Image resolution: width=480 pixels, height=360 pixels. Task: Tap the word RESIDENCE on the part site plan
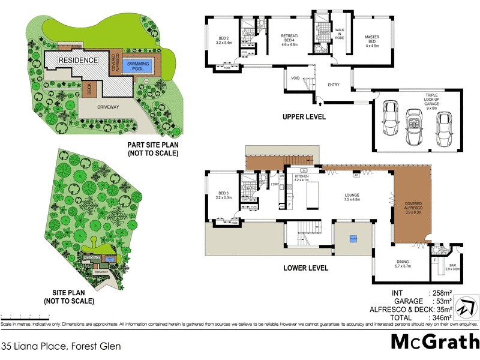tap(78, 60)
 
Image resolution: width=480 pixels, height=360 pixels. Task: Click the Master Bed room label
tap(372, 40)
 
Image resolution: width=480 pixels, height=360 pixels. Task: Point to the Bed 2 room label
tap(223, 40)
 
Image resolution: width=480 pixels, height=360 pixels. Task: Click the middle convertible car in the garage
tap(413, 126)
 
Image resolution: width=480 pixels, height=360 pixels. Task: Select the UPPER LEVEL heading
tap(304, 117)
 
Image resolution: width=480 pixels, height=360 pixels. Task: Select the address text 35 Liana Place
tap(61, 346)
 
